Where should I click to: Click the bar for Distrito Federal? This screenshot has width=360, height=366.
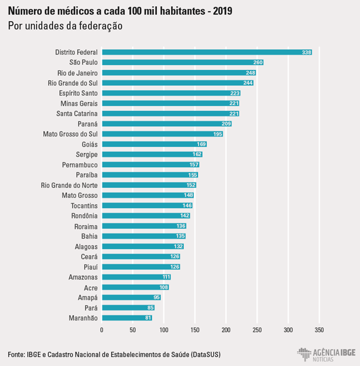tap(207, 52)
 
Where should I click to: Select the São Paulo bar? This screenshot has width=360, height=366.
tap(182, 62)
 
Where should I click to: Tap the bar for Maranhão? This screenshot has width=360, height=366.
tap(127, 318)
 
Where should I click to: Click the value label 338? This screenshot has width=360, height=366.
tap(306, 52)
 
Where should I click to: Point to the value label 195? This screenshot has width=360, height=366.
tap(218, 134)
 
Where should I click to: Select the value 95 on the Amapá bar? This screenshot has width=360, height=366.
tap(156, 297)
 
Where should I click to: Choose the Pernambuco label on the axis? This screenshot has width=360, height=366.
tap(80, 165)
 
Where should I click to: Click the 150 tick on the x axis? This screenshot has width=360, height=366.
tap(195, 331)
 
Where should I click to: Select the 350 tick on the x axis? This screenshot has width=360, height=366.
tap(319, 331)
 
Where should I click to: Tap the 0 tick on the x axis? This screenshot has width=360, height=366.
tap(102, 331)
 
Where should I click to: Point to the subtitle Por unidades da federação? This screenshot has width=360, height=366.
tap(65, 26)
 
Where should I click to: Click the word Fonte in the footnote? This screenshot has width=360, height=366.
tap(17, 354)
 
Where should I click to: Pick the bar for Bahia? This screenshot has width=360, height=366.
tap(143, 236)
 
